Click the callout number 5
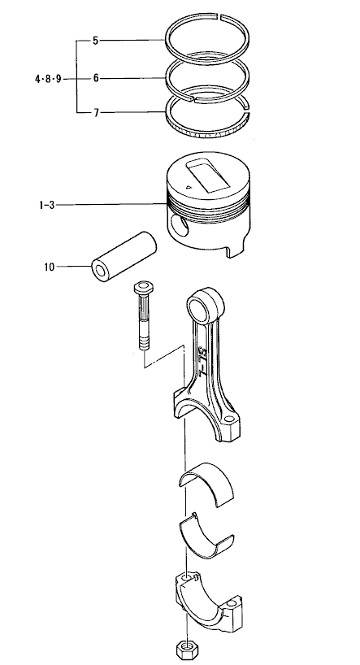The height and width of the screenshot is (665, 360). pyautogui.click(x=95, y=41)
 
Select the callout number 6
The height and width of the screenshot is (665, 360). pyautogui.click(x=96, y=78)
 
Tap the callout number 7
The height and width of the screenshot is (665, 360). pyautogui.click(x=96, y=113)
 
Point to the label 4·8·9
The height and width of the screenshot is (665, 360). pyautogui.click(x=48, y=79)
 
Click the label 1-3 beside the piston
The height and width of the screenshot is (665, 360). pyautogui.click(x=46, y=205)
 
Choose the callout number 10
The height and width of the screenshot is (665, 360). pyautogui.click(x=50, y=267)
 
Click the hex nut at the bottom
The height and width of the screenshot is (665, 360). pyautogui.click(x=185, y=650)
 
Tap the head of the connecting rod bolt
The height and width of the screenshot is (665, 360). pyautogui.click(x=144, y=288)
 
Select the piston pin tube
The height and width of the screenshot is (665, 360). pyautogui.click(x=124, y=257)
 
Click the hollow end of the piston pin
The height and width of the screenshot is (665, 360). pyautogui.click(x=101, y=271)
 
